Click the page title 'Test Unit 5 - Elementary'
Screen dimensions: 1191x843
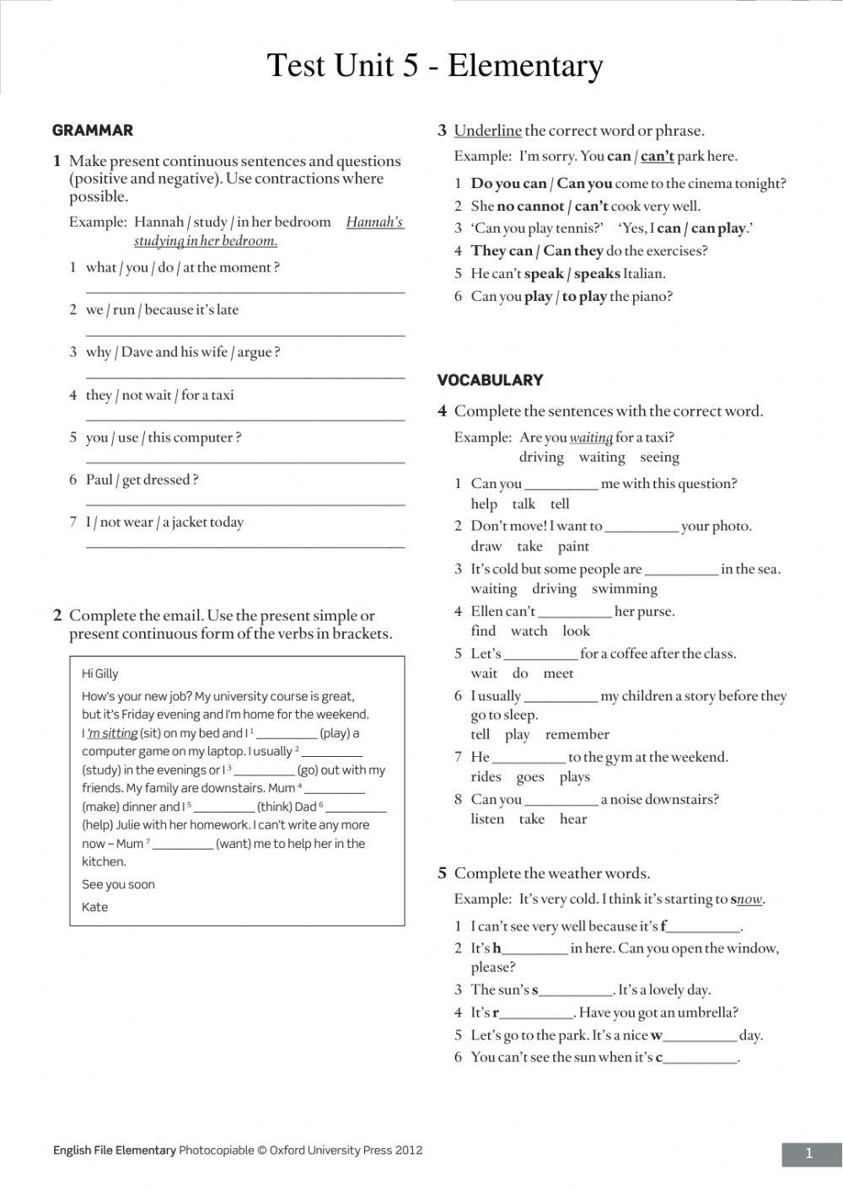point(434,66)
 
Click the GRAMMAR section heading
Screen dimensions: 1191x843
point(93,130)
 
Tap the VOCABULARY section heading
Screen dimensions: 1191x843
point(490,380)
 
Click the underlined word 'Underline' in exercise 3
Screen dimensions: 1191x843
point(487,131)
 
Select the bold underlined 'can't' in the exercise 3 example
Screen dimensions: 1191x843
point(658,156)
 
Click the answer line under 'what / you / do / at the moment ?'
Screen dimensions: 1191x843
point(244,291)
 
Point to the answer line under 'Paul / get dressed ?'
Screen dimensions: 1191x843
point(244,503)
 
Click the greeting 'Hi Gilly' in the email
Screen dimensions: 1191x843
point(100,673)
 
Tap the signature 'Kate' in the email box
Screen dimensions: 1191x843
point(94,907)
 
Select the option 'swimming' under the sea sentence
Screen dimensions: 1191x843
point(624,589)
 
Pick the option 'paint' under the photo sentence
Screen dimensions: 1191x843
point(573,546)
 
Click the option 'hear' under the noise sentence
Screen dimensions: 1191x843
point(572,819)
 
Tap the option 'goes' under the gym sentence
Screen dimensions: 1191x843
point(530,777)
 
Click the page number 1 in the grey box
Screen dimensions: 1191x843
point(809,1154)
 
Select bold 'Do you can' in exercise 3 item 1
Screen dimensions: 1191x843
point(508,184)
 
